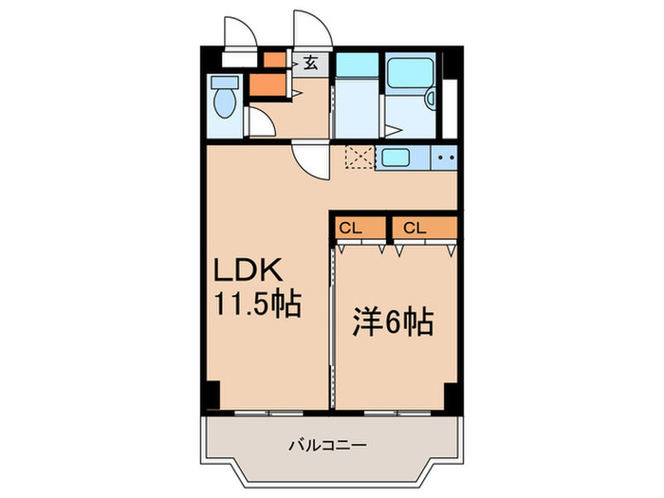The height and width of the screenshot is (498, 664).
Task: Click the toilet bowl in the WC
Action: (225, 103)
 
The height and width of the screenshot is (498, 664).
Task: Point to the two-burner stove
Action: (445, 157)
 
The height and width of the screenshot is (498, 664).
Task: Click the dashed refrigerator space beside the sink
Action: (360, 157)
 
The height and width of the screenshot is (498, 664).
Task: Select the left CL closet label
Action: (350, 228)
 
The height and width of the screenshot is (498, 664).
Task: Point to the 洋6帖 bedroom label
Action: (394, 323)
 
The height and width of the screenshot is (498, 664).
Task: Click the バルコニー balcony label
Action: (327, 444)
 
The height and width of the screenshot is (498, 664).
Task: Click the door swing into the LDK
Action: (311, 159)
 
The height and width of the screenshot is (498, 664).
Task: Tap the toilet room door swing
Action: (259, 123)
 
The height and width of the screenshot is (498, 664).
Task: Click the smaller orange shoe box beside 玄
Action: (273, 61)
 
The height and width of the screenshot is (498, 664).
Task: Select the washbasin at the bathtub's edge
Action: (430, 98)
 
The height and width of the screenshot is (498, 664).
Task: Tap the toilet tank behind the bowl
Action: (225, 82)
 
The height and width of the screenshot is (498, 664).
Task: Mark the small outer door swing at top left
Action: (239, 33)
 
